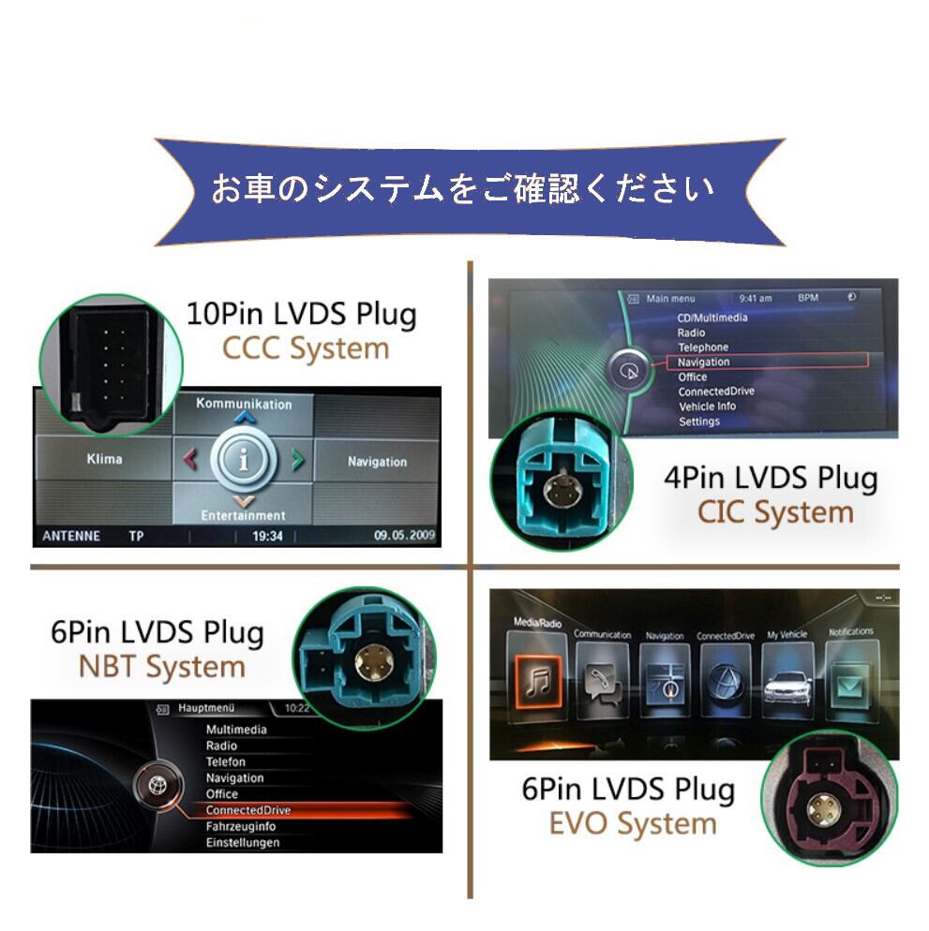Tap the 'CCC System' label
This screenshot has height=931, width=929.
305,348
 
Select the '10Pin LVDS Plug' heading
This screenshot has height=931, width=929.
301,313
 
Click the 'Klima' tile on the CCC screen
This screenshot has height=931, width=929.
104,460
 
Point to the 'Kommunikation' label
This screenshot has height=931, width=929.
244,404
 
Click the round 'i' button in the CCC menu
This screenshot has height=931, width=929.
244,460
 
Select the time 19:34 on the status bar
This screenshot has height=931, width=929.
267,537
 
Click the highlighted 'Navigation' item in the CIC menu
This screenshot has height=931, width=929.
704,362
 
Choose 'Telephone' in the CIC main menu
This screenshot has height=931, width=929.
703,347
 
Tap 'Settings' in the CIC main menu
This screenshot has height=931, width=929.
699,421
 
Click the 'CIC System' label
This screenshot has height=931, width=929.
775,512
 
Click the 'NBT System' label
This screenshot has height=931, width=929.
161,667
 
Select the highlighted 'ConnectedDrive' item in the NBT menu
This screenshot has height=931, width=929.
248,810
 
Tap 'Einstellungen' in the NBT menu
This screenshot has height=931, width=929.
243,843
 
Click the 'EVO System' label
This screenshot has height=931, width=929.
633,824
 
